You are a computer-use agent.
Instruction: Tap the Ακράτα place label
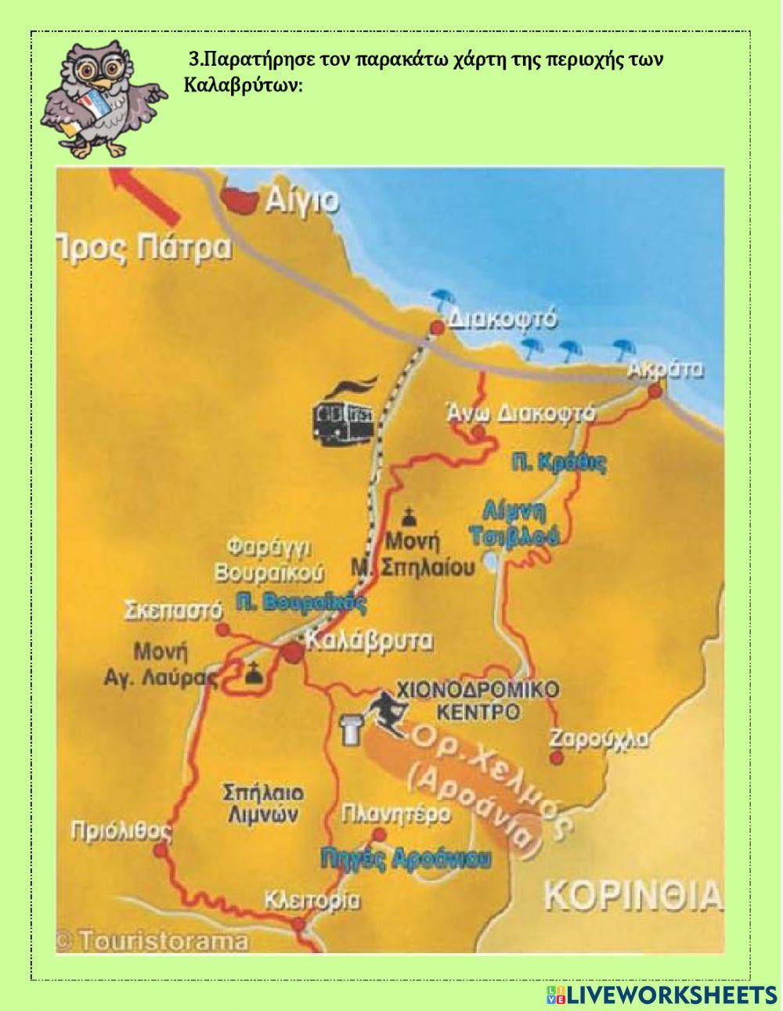666,370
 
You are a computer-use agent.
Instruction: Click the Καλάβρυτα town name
368,641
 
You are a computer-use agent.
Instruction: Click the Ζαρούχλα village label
598,738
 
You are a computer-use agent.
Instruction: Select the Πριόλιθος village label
121,830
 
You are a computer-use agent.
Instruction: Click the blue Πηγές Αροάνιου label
406,858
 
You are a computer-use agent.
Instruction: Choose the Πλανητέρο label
395,814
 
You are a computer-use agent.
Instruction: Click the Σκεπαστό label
173,610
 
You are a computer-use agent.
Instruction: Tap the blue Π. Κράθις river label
559,463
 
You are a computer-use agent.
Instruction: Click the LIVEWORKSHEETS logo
662,995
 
